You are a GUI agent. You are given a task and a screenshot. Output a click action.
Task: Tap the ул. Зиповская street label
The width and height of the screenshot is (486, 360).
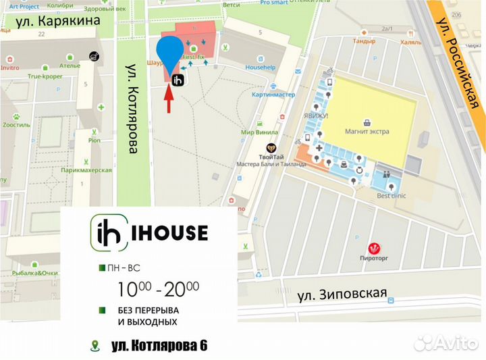click(342, 294)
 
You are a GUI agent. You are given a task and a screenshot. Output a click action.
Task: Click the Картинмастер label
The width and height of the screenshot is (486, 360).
click(273, 95)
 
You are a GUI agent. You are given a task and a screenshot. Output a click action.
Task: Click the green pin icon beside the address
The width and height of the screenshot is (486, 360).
click(95, 346)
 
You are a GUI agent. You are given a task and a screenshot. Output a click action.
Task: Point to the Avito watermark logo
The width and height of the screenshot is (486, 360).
click(445, 342)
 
